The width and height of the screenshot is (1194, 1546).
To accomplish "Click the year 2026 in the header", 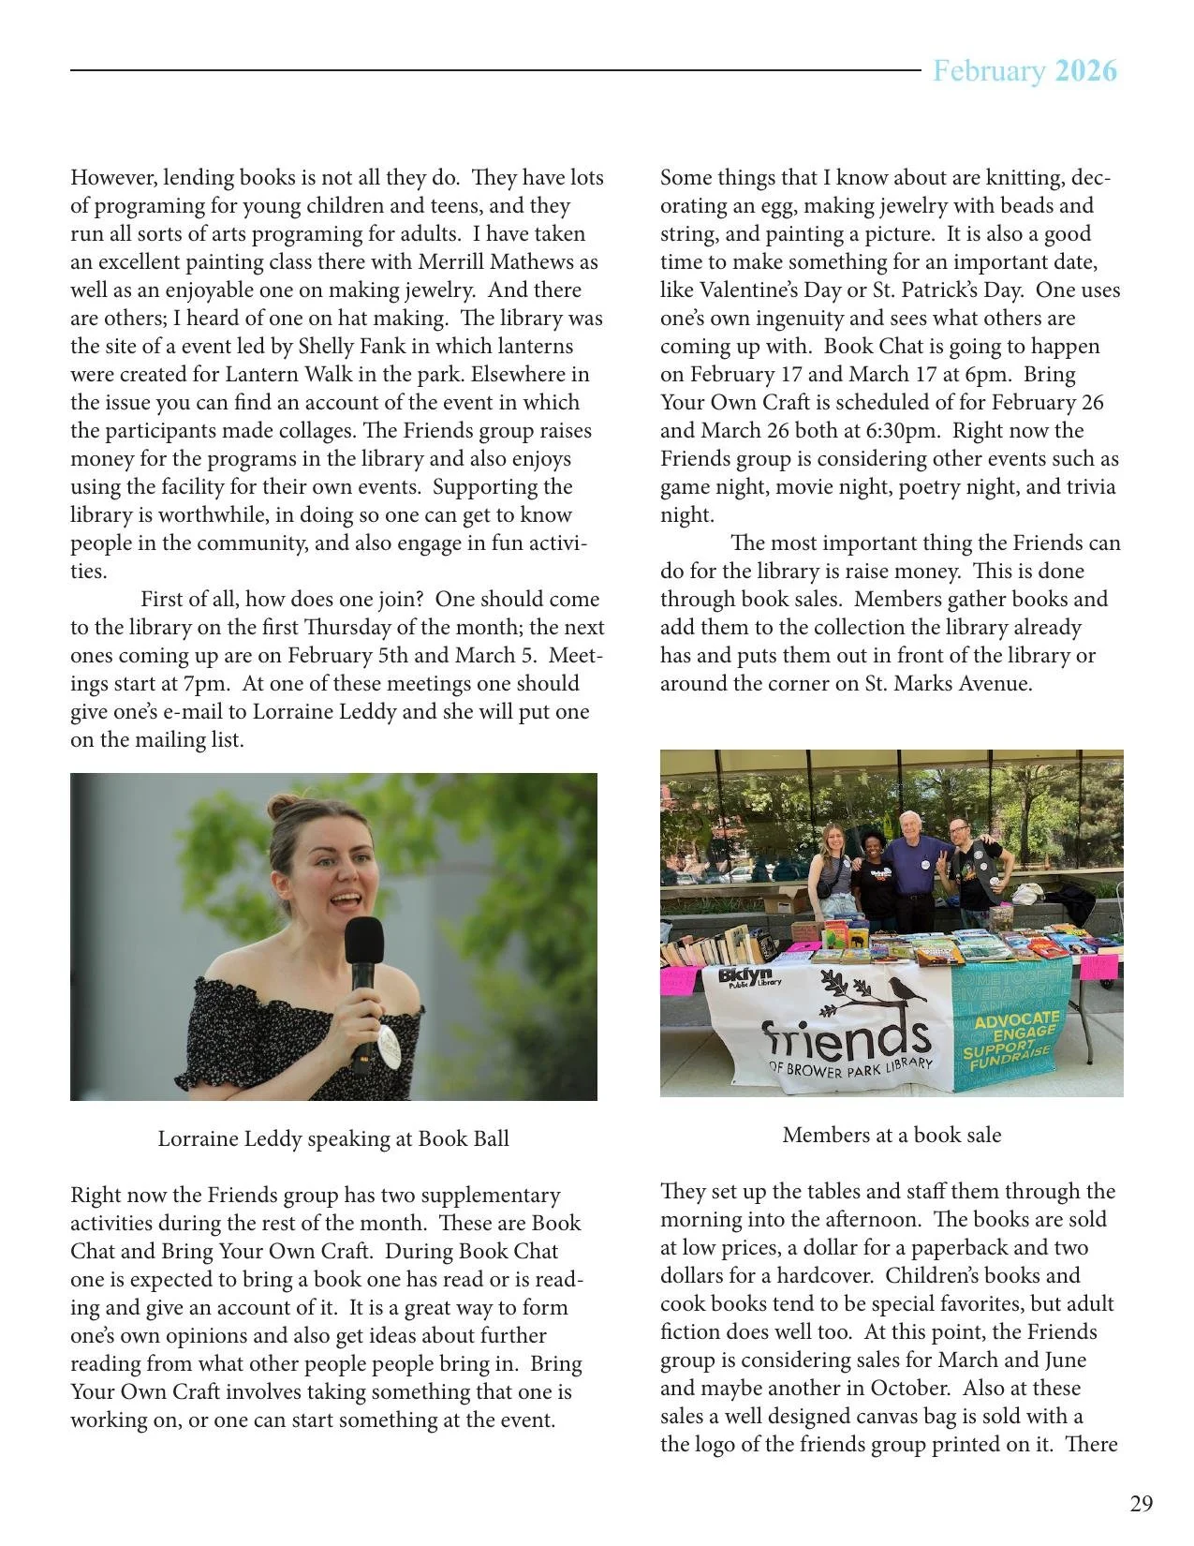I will click(x=1085, y=71).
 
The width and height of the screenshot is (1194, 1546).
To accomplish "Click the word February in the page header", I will click(x=988, y=71).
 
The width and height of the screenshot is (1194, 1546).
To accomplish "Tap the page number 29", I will click(x=1142, y=1504).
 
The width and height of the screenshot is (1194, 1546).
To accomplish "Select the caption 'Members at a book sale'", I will click(x=892, y=1135).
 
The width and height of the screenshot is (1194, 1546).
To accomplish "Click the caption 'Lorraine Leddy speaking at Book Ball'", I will click(x=333, y=1138).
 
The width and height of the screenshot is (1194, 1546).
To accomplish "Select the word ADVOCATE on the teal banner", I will click(x=1010, y=1018).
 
